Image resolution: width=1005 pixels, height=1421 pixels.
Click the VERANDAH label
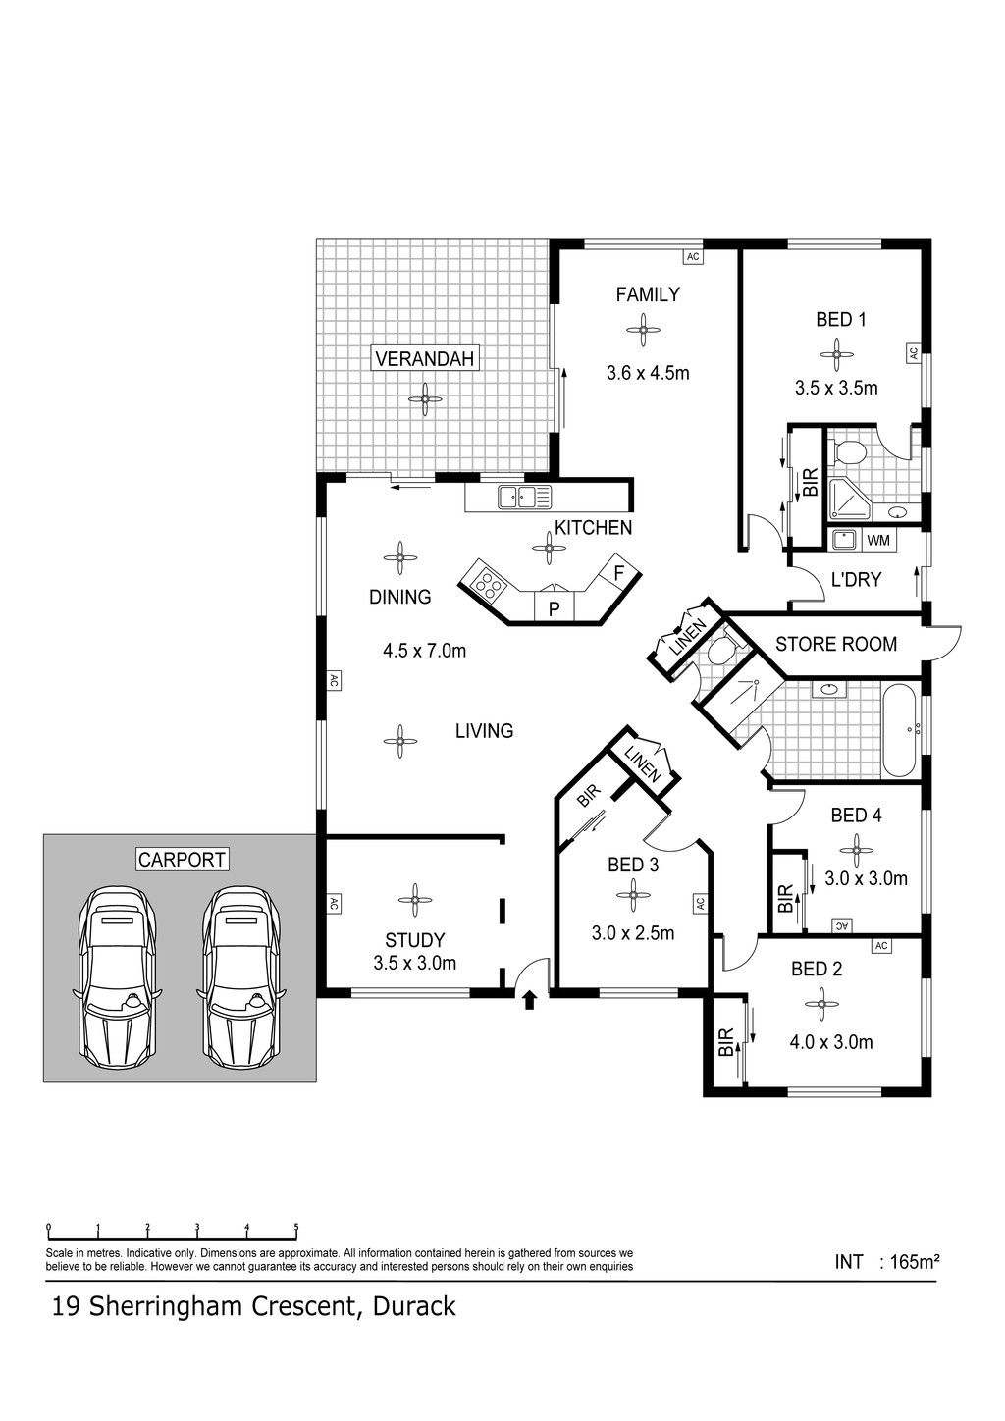tap(424, 358)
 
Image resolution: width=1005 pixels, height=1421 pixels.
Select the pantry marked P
tap(554, 607)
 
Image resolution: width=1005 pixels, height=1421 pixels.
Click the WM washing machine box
tap(878, 540)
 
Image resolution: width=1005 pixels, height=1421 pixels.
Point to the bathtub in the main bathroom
tap(900, 730)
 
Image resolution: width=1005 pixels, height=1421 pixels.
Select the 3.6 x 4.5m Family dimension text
tap(648, 372)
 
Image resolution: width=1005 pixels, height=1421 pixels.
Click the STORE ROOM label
tap(836, 644)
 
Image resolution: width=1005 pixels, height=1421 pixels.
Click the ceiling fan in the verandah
tap(425, 399)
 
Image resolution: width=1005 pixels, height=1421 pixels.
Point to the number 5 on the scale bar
tap(296, 1227)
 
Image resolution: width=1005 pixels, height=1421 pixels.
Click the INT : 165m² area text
tap(887, 1261)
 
